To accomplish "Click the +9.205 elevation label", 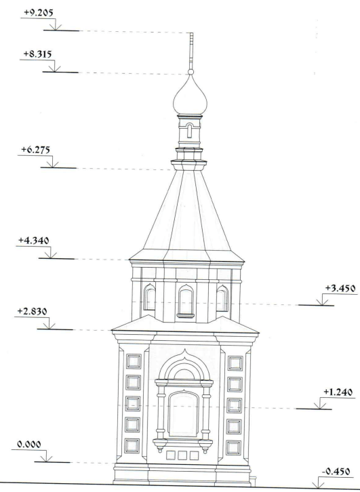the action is point(38,13).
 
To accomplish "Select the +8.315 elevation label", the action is point(37,54).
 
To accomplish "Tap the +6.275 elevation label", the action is point(35,150).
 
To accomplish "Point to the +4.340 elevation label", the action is point(34,241).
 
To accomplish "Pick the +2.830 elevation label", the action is point(32,311).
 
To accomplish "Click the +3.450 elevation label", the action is point(340,289).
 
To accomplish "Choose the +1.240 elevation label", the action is point(338,392).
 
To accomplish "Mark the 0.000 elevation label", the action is point(29,445).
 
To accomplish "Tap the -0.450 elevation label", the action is point(336,472).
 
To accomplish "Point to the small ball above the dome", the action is point(191,72).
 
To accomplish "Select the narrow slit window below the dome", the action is point(189,131).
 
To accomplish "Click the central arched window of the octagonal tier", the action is point(186,301).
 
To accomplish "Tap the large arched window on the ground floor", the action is point(184,413).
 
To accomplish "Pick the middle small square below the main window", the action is point(182,455).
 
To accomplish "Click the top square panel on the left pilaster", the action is point(134,361).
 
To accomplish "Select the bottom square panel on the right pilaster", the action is point(234,448).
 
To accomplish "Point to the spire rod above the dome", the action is point(191,51).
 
